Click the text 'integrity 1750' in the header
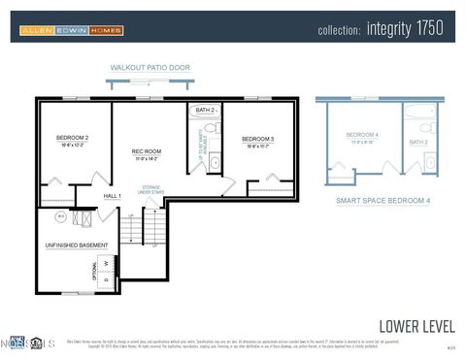coord(405,29)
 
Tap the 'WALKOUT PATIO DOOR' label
coord(150,68)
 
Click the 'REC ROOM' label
coord(147,152)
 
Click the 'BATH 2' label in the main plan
coord(205,111)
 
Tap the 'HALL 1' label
coord(112,197)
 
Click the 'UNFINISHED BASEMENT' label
coord(77,245)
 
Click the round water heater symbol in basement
coord(60,216)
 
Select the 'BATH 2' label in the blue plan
coord(417,143)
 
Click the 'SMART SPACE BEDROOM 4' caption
coord(383,200)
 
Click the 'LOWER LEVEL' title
coord(416,325)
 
